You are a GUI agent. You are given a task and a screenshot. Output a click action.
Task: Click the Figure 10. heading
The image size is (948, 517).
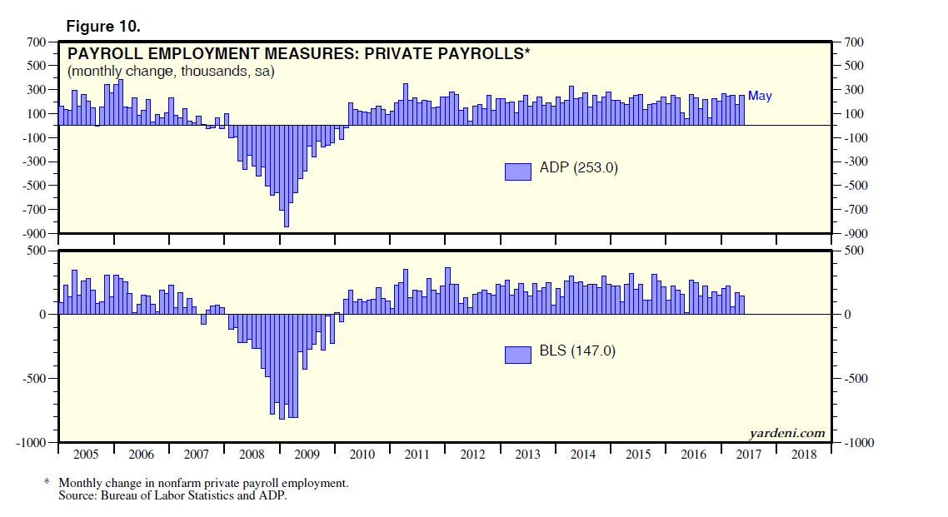pyautogui.click(x=104, y=26)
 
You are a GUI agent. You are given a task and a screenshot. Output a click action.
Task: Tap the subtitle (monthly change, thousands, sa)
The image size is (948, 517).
pyautogui.click(x=171, y=72)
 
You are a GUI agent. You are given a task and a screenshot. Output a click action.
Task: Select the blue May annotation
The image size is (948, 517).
pyautogui.click(x=760, y=96)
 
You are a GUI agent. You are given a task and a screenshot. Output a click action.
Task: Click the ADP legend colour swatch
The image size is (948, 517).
pyautogui.click(x=517, y=171)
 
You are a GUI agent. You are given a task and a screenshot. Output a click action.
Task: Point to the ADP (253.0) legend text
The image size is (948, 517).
pyautogui.click(x=578, y=168)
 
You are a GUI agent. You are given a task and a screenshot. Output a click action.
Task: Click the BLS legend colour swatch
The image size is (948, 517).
pyautogui.click(x=517, y=355)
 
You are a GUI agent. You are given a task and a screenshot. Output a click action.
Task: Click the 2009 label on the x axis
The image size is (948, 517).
pyautogui.click(x=307, y=455)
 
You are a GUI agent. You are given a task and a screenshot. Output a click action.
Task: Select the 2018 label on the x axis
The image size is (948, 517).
pyautogui.click(x=803, y=455)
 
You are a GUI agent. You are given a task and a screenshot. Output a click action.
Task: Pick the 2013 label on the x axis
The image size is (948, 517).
pyautogui.click(x=527, y=455)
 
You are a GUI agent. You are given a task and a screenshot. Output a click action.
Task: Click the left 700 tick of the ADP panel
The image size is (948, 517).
pyautogui.click(x=35, y=42)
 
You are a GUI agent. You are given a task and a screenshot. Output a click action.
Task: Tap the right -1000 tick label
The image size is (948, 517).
pyautogui.click(x=860, y=443)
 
